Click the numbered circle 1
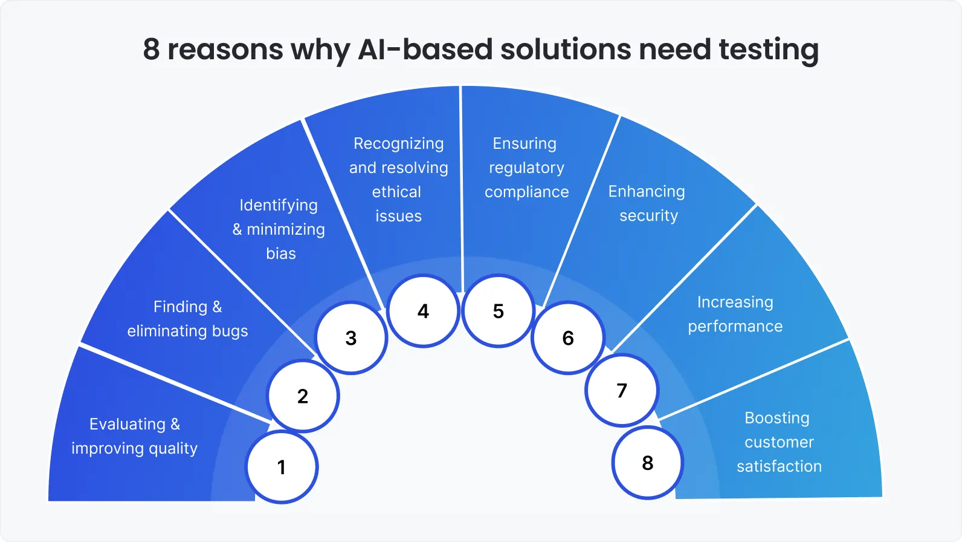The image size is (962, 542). point(282,467)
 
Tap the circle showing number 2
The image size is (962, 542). point(303,396)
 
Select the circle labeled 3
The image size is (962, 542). point(351,338)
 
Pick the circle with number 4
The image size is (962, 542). point(423,311)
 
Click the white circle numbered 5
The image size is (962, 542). point(498,311)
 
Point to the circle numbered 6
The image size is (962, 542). point(568,338)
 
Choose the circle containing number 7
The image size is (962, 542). point(622,390)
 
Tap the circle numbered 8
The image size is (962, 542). point(648,463)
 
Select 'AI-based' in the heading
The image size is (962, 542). point(425,50)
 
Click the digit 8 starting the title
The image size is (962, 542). point(151,50)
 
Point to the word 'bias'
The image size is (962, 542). point(281,253)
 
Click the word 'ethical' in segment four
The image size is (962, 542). point(396,192)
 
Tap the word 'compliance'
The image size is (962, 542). point(527,192)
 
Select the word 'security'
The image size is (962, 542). point(648,216)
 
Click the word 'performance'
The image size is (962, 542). point(735,327)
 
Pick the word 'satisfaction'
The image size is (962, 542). point(779,466)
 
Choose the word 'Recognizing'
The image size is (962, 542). point(398,144)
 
